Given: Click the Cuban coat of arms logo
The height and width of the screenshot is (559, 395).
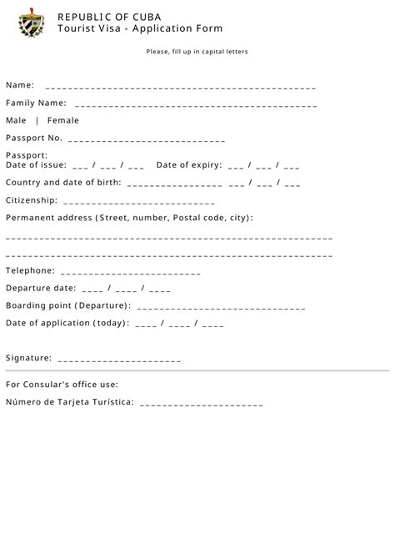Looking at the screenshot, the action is click(x=32, y=23).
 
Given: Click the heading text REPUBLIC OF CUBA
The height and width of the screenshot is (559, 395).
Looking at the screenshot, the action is click(x=110, y=17).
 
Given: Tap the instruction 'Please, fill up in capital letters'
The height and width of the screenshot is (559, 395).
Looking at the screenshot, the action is click(x=197, y=52).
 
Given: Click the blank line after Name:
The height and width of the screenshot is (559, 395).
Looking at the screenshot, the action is click(x=181, y=87).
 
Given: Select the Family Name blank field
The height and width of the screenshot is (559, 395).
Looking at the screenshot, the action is click(x=196, y=105).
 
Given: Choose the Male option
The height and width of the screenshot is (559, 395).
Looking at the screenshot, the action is click(x=16, y=120).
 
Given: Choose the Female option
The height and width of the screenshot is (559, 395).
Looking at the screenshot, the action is click(x=63, y=120).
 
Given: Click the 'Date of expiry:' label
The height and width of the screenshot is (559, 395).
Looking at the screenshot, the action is click(x=189, y=164).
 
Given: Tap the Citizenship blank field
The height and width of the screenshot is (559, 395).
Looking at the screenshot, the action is click(x=138, y=201).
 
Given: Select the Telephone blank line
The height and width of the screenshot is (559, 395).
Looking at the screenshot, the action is click(x=131, y=272).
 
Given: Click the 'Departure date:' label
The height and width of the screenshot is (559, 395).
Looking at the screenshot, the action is click(x=41, y=288).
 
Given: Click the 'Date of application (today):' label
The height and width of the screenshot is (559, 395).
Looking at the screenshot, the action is click(x=67, y=323).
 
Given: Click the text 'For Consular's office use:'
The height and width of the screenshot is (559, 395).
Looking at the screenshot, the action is click(x=62, y=385).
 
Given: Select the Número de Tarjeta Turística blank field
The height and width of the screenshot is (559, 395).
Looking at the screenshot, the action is click(x=202, y=404).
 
